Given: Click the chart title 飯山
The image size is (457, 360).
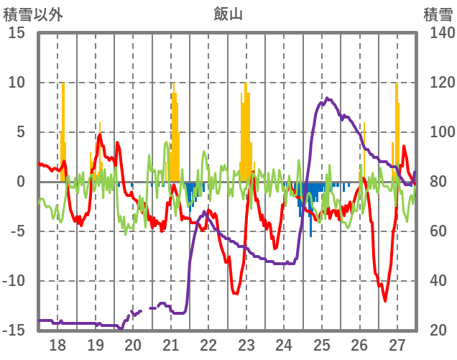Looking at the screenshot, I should coord(228,12).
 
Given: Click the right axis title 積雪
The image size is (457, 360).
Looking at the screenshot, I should coord(438,12).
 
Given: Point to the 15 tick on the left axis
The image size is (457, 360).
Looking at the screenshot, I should coord(17,33).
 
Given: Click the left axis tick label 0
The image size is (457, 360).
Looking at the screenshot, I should coord(21,182).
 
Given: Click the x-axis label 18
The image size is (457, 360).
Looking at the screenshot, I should coord(57,344).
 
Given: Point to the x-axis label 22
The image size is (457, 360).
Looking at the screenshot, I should coord(208,344).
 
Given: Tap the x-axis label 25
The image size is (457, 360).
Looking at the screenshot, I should coord(321,344).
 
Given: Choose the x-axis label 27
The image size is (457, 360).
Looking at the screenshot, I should coord(397,344).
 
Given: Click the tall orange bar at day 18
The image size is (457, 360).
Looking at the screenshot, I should coord(63,129).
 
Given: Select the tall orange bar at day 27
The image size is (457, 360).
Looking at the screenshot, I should coord(396,129).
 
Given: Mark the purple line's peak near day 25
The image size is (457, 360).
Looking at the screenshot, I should coord(326,98).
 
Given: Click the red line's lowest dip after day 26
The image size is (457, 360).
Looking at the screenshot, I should coord(385,300).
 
